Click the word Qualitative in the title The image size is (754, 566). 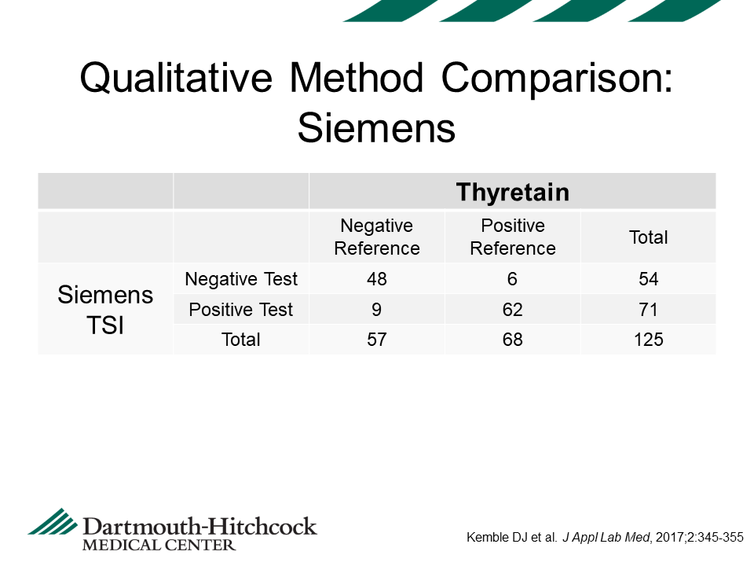click(x=176, y=78)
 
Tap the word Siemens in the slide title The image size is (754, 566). click(x=376, y=128)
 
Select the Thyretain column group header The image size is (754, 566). click(x=513, y=192)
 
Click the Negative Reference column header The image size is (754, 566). click(x=377, y=237)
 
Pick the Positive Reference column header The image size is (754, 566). click(x=513, y=237)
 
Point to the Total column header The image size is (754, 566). click(x=648, y=237)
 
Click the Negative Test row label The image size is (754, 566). click(x=241, y=278)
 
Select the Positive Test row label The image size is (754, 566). click(x=241, y=310)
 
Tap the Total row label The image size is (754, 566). click(x=241, y=340)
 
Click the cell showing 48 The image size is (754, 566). click(x=377, y=279)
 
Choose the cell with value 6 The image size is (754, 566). click(x=513, y=279)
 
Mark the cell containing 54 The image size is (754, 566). click(x=648, y=279)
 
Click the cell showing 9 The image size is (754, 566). click(x=376, y=310)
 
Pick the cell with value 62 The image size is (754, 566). click(x=513, y=310)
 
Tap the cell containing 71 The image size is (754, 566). click(x=648, y=310)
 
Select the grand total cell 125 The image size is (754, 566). click(x=648, y=340)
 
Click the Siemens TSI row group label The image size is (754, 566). click(x=105, y=310)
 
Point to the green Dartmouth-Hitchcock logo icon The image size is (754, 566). click(x=53, y=521)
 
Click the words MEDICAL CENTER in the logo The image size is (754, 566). click(x=159, y=546)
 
